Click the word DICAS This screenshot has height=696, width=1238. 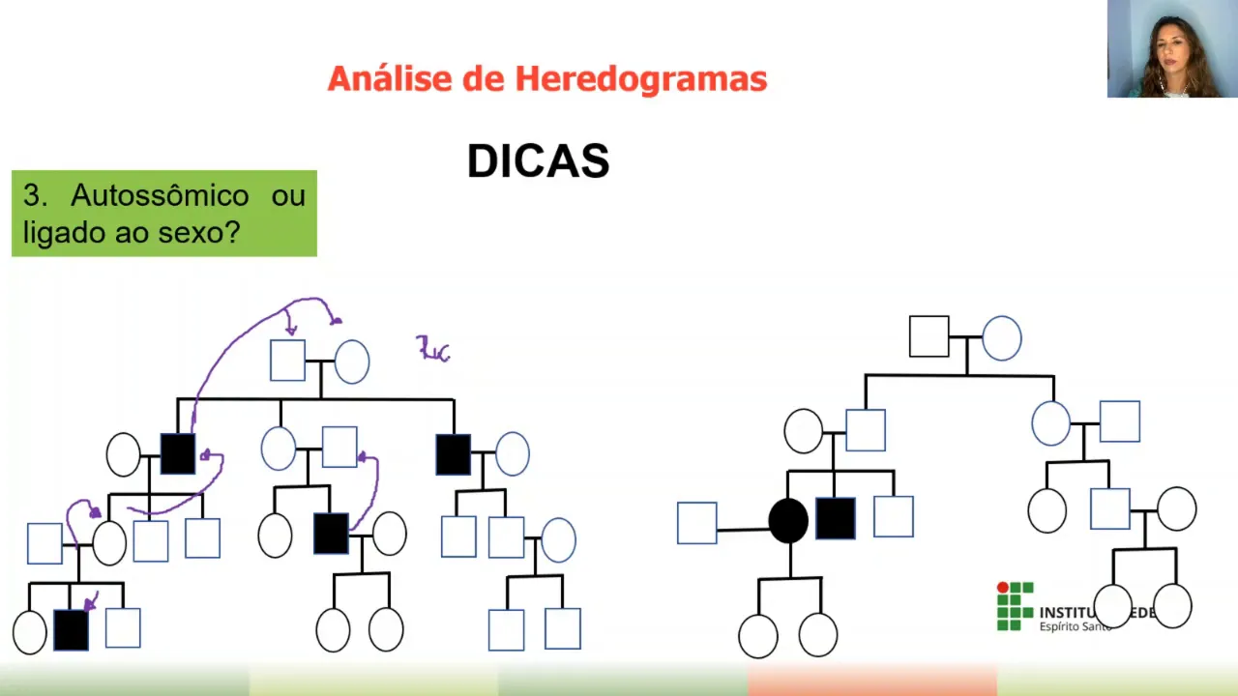point(538,161)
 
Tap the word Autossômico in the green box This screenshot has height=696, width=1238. point(160,195)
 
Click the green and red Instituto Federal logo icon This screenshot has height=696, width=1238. point(1015,606)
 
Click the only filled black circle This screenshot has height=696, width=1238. point(788,521)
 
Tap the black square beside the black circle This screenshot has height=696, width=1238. point(835,518)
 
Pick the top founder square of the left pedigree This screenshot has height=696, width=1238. point(287,361)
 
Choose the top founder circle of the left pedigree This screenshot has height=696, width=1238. point(351,362)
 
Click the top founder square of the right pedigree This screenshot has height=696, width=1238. point(928,336)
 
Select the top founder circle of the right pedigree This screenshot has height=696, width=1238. point(1002,338)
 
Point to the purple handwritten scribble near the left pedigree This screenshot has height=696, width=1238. point(433,349)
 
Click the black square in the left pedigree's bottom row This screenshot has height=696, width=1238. point(71,630)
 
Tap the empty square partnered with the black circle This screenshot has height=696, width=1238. point(696,523)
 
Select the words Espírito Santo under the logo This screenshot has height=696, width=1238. point(1075,626)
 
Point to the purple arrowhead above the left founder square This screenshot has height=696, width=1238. point(290,331)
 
